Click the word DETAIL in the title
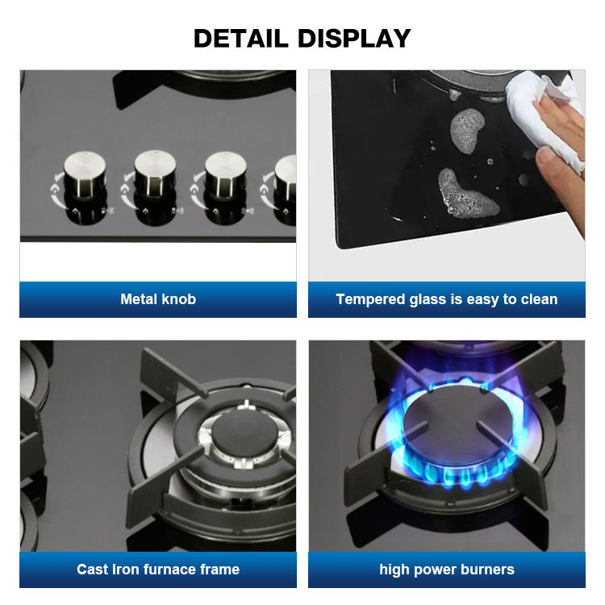pyautogui.click(x=240, y=39)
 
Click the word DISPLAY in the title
pyautogui.click(x=354, y=39)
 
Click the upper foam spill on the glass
pyautogui.click(x=467, y=130)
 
